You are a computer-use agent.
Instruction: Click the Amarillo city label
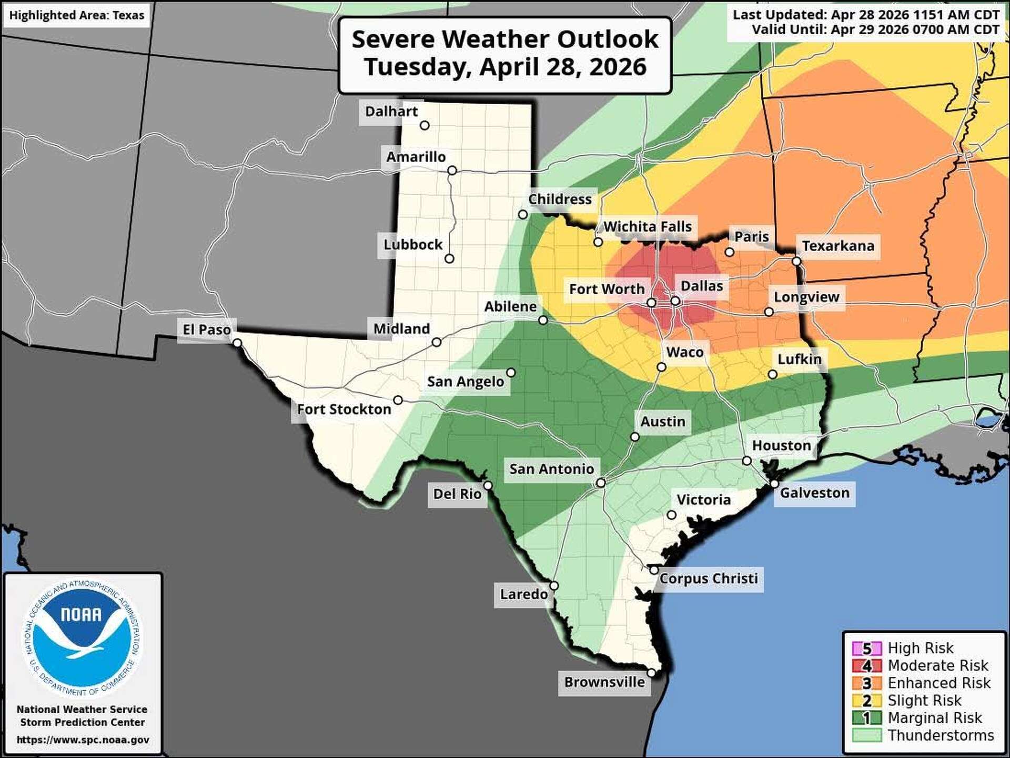(x=416, y=157)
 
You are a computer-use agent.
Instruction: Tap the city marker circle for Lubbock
(x=449, y=258)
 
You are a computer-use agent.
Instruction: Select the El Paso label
(x=206, y=330)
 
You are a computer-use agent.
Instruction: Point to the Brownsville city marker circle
(x=651, y=673)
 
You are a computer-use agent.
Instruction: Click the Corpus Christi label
(x=708, y=579)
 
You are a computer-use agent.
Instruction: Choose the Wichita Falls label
(x=647, y=227)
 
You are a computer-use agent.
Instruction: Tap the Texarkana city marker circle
(x=796, y=261)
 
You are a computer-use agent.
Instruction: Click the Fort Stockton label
(x=344, y=410)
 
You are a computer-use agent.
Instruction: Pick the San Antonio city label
(x=551, y=469)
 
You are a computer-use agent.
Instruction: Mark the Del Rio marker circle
(x=488, y=485)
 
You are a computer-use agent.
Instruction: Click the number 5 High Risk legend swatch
(x=866, y=649)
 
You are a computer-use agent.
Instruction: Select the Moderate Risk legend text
(x=937, y=666)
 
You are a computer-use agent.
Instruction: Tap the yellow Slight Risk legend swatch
(x=866, y=701)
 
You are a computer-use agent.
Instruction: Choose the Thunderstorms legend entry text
(x=941, y=735)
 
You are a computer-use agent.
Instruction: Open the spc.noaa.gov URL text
(x=83, y=740)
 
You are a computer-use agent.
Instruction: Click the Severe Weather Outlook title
(x=504, y=53)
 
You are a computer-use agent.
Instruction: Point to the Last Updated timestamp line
(x=865, y=15)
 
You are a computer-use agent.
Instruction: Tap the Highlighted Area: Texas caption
(x=77, y=15)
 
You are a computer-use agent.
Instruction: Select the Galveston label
(x=814, y=493)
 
